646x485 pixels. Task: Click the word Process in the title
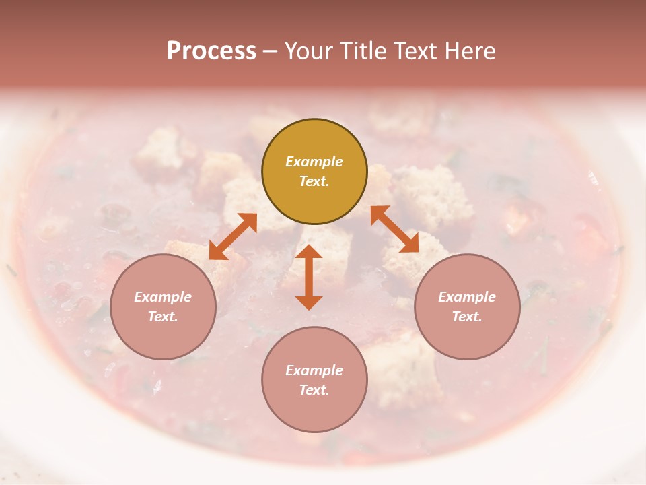(211, 51)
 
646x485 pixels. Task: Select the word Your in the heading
(308, 51)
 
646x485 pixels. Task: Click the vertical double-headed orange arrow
(309, 277)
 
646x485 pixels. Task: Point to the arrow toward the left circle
(233, 236)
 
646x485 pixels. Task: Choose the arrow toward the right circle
(394, 229)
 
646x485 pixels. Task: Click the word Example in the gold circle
(314, 162)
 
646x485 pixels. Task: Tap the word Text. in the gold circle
(314, 181)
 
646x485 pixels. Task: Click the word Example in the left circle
(163, 297)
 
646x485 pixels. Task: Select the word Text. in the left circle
(163, 317)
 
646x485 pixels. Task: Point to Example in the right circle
(467, 297)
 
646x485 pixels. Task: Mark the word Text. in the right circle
(467, 317)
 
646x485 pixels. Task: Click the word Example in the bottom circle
(314, 370)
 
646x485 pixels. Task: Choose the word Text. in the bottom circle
(314, 390)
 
